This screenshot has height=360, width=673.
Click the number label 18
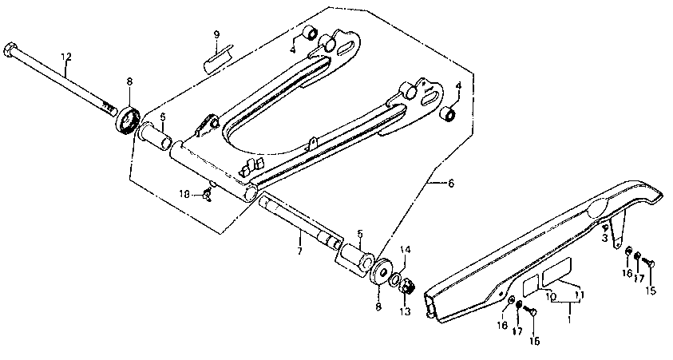pyautogui.click(x=184, y=194)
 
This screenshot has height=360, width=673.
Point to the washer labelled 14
pyautogui.click(x=395, y=276)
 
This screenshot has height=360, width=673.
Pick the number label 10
pyautogui.click(x=550, y=296)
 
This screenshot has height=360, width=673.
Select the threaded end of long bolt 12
pyautogui.click(x=108, y=104)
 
